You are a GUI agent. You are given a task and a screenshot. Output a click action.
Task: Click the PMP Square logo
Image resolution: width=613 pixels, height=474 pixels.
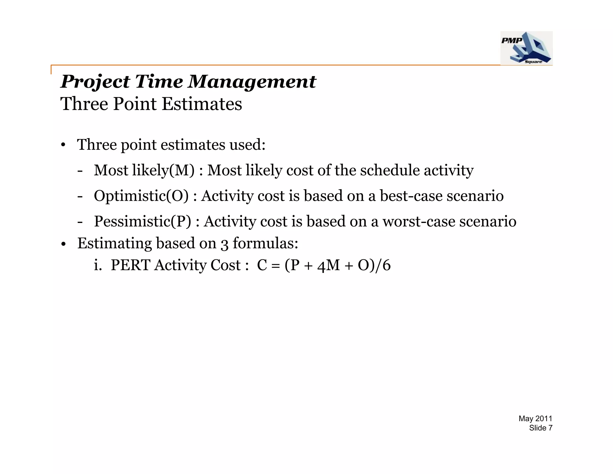526,48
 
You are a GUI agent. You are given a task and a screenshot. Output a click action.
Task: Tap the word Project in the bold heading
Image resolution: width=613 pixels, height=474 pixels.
95,82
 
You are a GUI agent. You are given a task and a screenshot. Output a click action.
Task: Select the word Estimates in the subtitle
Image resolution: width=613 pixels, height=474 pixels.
202,104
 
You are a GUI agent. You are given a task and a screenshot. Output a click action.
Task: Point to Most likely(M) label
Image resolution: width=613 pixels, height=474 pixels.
144,170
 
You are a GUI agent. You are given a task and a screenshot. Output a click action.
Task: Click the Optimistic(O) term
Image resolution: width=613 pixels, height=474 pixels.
141,196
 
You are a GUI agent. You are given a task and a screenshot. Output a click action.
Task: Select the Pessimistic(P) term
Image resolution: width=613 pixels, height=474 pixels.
142,222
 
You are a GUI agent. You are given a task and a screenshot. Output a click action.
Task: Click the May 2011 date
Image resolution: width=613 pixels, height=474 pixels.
535,419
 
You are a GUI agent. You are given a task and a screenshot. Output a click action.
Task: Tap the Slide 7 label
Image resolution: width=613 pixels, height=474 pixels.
540,428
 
